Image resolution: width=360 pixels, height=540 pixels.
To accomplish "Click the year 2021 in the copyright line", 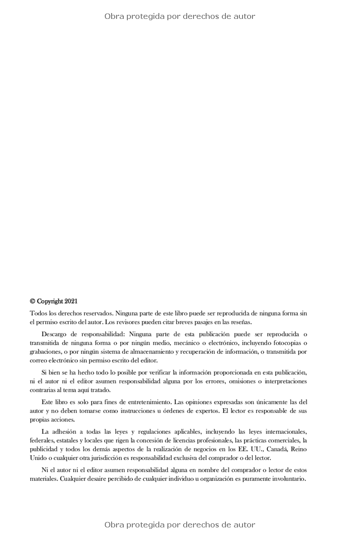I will pyautogui.click(x=71, y=301).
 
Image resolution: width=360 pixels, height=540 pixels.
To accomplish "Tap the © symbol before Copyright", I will pyautogui.click(x=32, y=301).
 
